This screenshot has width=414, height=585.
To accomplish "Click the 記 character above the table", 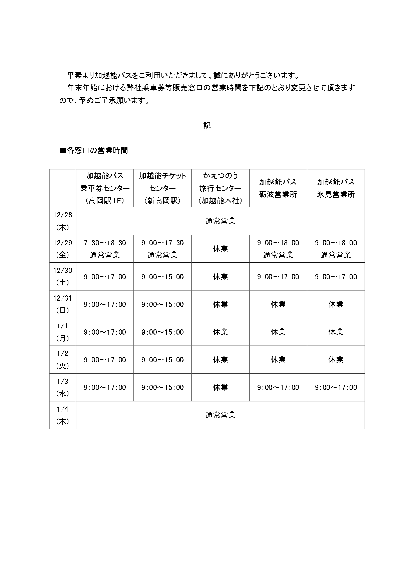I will [207, 125].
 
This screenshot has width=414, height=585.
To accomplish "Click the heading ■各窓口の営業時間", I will [94, 150].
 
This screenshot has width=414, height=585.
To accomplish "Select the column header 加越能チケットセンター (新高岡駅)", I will [162, 188].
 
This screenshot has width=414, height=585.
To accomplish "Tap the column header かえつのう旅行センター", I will [220, 188].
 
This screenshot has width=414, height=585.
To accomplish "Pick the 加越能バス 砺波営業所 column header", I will [278, 188].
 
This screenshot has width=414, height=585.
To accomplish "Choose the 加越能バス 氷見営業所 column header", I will [336, 188].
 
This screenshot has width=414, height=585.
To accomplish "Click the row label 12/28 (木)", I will [63, 221].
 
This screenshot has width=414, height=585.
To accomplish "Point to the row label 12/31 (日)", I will [63, 304].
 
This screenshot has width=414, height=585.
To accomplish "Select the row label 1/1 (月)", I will [63, 332].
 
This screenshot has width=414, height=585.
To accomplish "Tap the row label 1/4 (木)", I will [63, 415].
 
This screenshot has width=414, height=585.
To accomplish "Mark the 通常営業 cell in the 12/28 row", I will [220, 221].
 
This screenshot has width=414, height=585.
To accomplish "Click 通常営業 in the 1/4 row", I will [220, 415].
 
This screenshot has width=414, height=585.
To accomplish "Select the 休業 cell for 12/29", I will [220, 249].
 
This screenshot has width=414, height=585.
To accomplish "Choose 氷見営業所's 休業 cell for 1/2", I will [336, 360].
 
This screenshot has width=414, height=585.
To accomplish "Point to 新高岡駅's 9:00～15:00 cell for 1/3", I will [162, 387].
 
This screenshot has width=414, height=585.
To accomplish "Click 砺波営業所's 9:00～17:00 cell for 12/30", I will [278, 277].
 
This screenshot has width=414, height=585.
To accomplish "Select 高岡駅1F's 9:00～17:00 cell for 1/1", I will [105, 332].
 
